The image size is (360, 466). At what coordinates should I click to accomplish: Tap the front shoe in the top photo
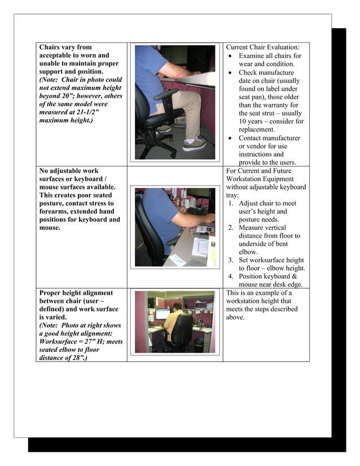[195, 144]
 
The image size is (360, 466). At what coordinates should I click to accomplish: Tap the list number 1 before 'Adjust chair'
[231, 204]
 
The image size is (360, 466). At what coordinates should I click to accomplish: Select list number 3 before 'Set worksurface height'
[231, 260]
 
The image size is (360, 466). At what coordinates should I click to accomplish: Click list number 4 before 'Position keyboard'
[231, 276]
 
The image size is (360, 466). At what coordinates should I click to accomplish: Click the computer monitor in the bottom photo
[163, 314]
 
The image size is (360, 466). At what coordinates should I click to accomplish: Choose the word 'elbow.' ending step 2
[249, 252]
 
